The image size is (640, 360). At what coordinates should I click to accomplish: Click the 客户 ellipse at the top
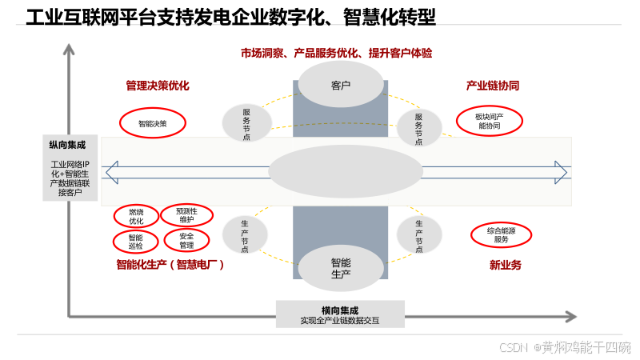[341, 85]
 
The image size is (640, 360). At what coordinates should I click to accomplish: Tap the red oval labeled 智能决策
[152, 123]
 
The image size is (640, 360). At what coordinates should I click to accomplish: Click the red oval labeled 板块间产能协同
[489, 121]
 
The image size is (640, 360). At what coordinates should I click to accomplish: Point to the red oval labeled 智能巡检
[134, 241]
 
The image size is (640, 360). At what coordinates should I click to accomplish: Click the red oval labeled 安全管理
[186, 240]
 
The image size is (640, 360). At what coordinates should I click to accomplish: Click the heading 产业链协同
[493, 86]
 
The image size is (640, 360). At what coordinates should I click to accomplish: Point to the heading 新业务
[505, 265]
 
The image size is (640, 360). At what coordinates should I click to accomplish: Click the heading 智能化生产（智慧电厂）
[170, 265]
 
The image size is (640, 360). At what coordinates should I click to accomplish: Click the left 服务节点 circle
[246, 124]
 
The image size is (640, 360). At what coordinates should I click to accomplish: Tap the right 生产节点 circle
[419, 234]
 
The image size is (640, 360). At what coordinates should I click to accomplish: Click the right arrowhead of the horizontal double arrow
[562, 172]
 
